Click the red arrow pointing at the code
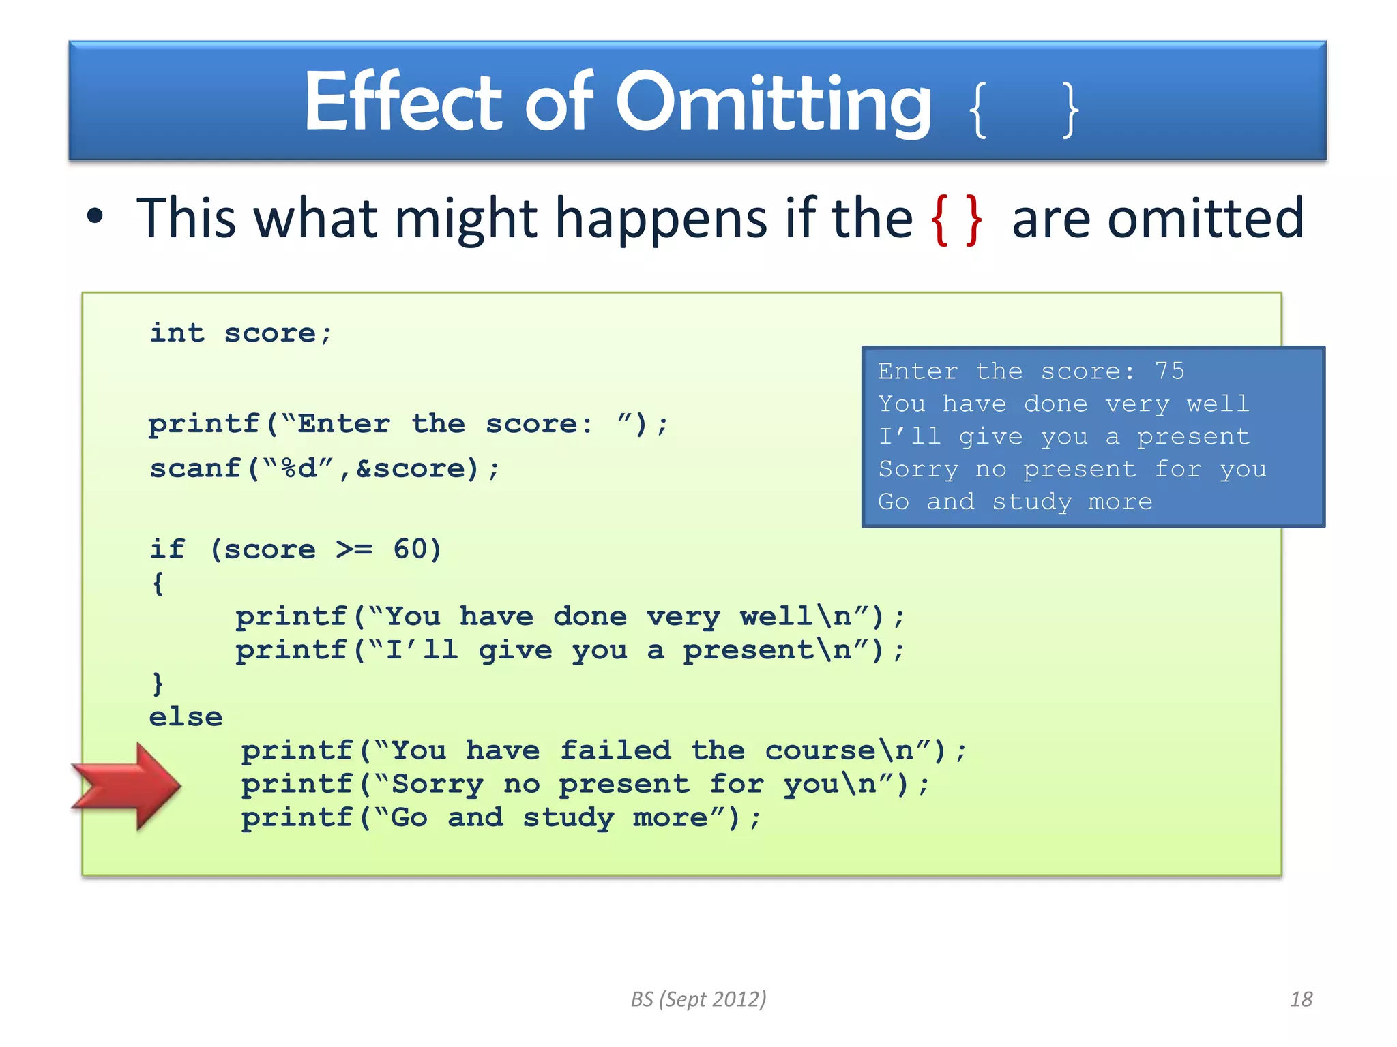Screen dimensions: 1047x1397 pyautogui.click(x=126, y=786)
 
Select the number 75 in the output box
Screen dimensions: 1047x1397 pyautogui.click(x=1169, y=371)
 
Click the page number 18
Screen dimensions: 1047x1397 pyautogui.click(x=1301, y=999)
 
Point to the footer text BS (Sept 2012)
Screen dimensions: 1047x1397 pyautogui.click(x=698, y=999)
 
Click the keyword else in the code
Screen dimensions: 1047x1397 pyautogui.click(x=186, y=717)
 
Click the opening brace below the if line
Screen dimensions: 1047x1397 pyautogui.click(x=158, y=583)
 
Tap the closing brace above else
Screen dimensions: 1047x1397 pyautogui.click(x=158, y=683)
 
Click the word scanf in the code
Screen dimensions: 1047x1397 pyautogui.click(x=195, y=468)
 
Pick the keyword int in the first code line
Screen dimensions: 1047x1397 pyautogui.click(x=177, y=333)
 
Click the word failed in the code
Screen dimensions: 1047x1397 pyautogui.click(x=615, y=750)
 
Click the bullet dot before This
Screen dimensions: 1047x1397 pyautogui.click(x=95, y=217)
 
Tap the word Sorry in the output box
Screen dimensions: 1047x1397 pyautogui.click(x=918, y=469)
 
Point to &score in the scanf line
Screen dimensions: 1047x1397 pyautogui.click(x=417, y=468)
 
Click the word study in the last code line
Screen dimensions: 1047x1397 pyautogui.click(x=568, y=817)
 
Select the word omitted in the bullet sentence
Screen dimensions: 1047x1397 pyautogui.click(x=1205, y=219)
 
